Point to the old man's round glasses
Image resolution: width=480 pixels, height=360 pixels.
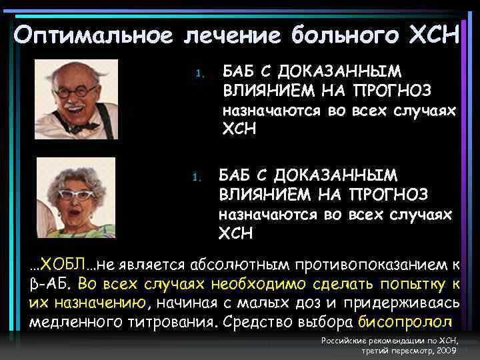click(x=75, y=92)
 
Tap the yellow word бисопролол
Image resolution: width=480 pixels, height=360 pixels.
click(x=405, y=323)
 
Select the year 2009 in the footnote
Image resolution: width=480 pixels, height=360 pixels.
click(x=447, y=349)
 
